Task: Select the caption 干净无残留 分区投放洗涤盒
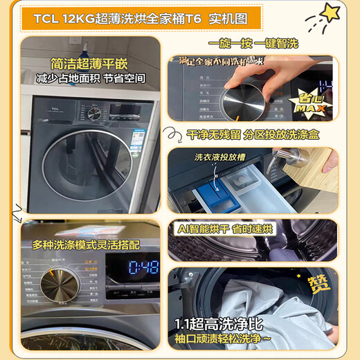253,134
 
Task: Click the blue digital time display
142,267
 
